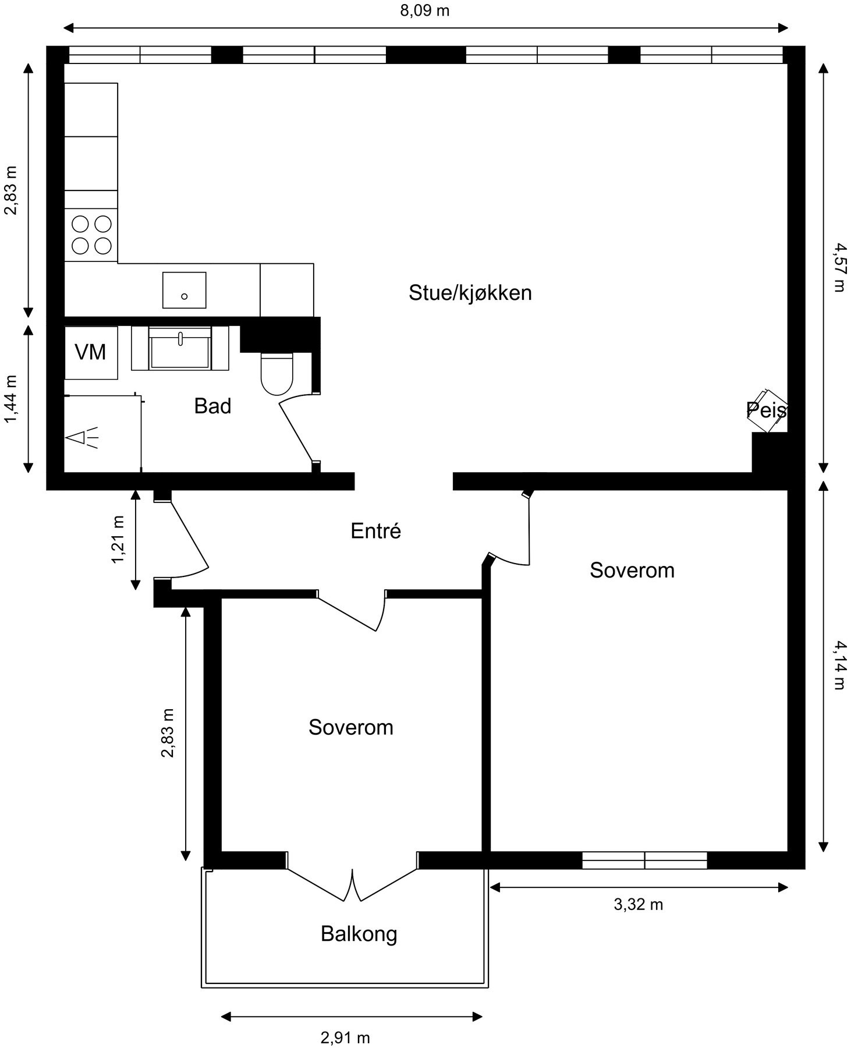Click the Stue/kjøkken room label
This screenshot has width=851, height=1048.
click(x=470, y=293)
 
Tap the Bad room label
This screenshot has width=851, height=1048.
click(x=212, y=406)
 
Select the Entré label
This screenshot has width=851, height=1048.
click(x=376, y=530)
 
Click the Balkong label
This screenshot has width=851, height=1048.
click(x=359, y=933)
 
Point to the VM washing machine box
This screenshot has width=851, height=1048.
click(x=91, y=353)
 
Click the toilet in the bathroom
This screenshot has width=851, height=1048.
click(x=276, y=373)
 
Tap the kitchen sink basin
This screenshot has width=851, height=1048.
click(x=184, y=290)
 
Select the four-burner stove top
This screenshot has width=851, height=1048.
click(x=91, y=235)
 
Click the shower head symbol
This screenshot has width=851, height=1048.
click(x=83, y=438)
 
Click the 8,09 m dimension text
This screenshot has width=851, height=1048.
click(x=425, y=10)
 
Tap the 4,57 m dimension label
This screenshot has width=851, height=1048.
click(x=839, y=267)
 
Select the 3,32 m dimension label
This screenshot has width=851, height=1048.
click(x=639, y=904)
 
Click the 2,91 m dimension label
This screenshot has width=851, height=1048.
click(x=345, y=1038)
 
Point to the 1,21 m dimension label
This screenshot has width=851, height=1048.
click(x=118, y=539)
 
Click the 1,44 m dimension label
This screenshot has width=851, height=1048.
click(x=11, y=399)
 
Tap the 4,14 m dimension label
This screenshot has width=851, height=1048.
click(x=839, y=665)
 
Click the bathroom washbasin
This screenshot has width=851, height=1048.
click(x=180, y=348)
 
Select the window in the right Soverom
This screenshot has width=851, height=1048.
click(x=645, y=860)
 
